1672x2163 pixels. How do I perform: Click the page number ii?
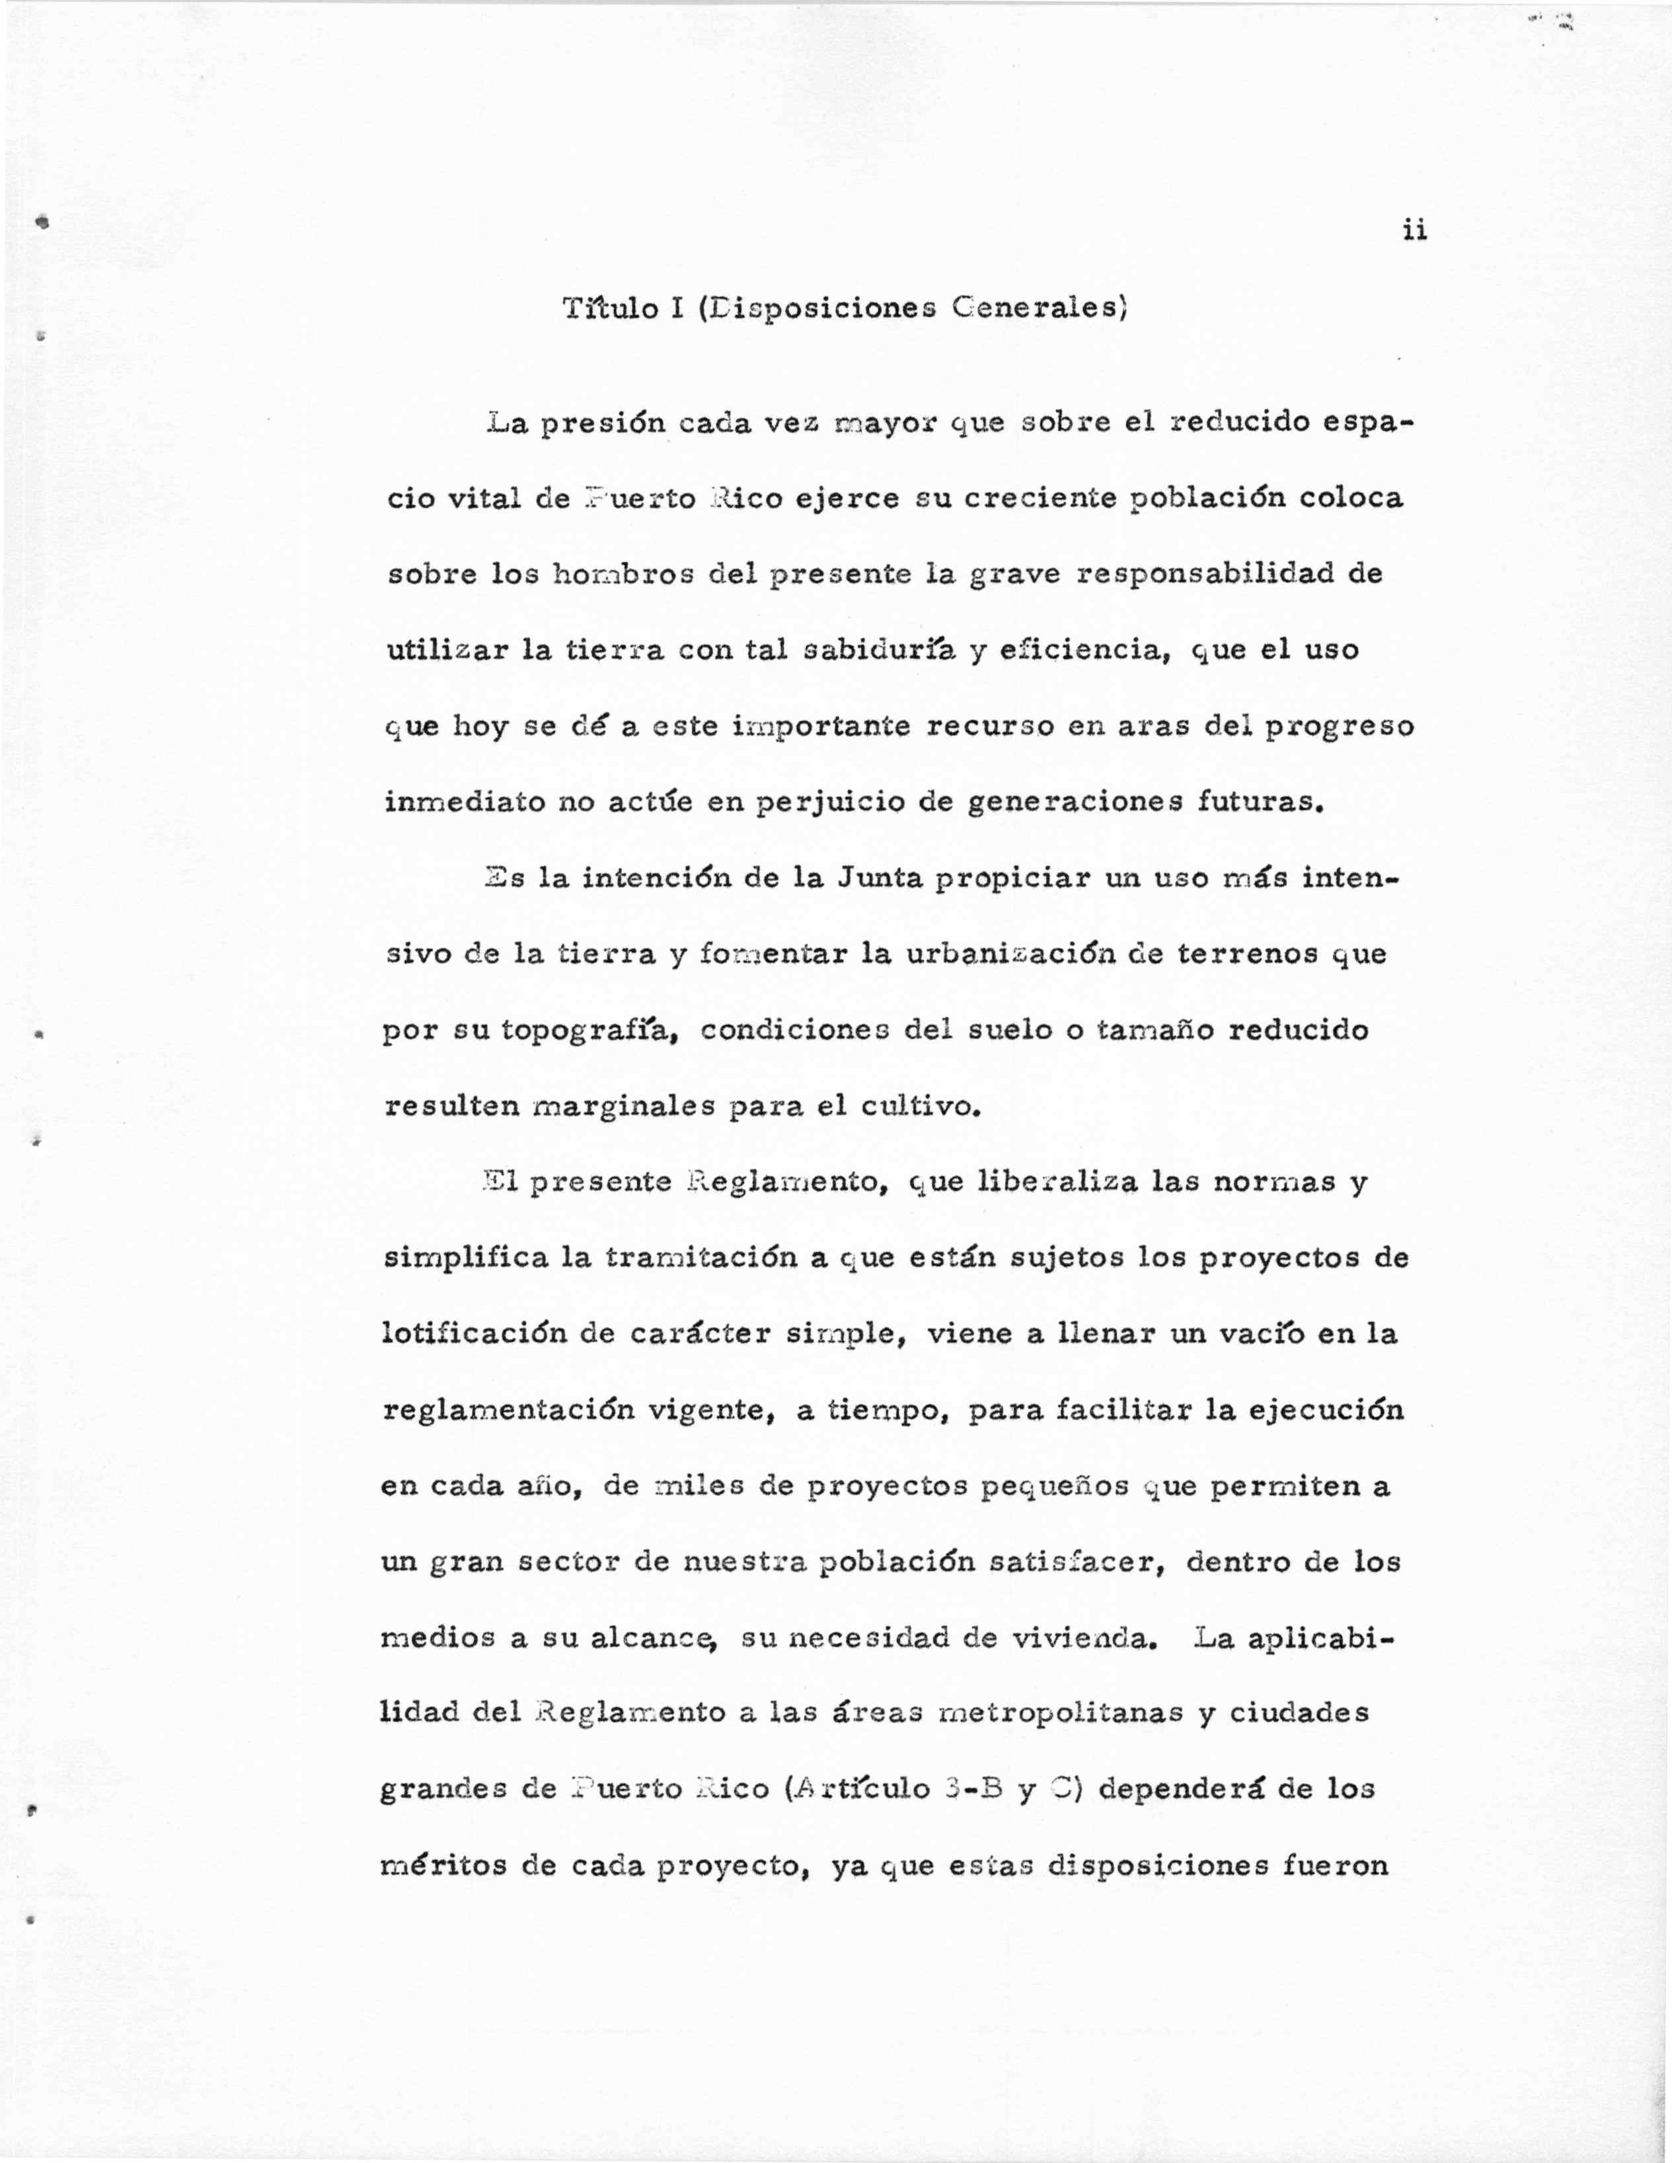click(1414, 231)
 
